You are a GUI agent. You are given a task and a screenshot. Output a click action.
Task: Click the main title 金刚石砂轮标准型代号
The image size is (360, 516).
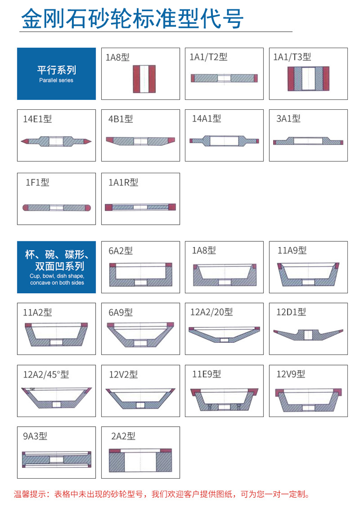point(132,18)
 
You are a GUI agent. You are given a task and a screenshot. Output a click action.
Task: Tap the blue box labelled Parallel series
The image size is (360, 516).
point(56,74)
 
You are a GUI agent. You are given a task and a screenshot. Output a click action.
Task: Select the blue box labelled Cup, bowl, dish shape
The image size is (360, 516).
point(56,267)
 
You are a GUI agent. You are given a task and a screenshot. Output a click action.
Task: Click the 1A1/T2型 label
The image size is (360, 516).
point(208,57)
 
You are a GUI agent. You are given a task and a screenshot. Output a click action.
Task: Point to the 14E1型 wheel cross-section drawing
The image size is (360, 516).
point(56,141)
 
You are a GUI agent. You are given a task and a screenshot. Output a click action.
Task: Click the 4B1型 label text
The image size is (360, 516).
point(120,119)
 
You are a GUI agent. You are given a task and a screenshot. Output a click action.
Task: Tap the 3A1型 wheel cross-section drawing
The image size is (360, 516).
point(308,141)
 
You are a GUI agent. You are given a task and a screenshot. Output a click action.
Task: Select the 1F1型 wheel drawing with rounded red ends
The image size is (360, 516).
point(56,208)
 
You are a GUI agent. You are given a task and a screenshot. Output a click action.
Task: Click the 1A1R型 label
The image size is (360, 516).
point(123,182)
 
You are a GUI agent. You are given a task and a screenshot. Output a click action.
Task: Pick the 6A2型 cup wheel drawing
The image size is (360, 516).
point(141,275)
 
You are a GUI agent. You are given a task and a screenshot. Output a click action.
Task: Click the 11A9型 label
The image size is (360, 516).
point(292,250)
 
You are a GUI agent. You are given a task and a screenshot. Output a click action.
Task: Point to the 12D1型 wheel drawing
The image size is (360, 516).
point(308,335)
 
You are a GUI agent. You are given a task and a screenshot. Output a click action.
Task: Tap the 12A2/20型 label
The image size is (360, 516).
point(211,312)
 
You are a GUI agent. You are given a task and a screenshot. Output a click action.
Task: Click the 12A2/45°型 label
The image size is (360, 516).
point(46,374)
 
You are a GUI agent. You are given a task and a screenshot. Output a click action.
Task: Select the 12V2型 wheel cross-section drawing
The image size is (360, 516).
point(141,398)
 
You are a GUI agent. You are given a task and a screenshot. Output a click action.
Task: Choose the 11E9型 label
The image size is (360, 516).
point(206,374)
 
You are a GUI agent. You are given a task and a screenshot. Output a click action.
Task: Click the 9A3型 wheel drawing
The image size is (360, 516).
point(56,459)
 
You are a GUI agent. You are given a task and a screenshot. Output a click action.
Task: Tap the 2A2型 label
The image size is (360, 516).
point(123,436)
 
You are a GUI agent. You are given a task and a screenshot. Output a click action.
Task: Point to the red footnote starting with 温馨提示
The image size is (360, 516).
point(162,494)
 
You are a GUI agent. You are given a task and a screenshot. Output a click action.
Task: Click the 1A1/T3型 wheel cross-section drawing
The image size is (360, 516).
point(308,78)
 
